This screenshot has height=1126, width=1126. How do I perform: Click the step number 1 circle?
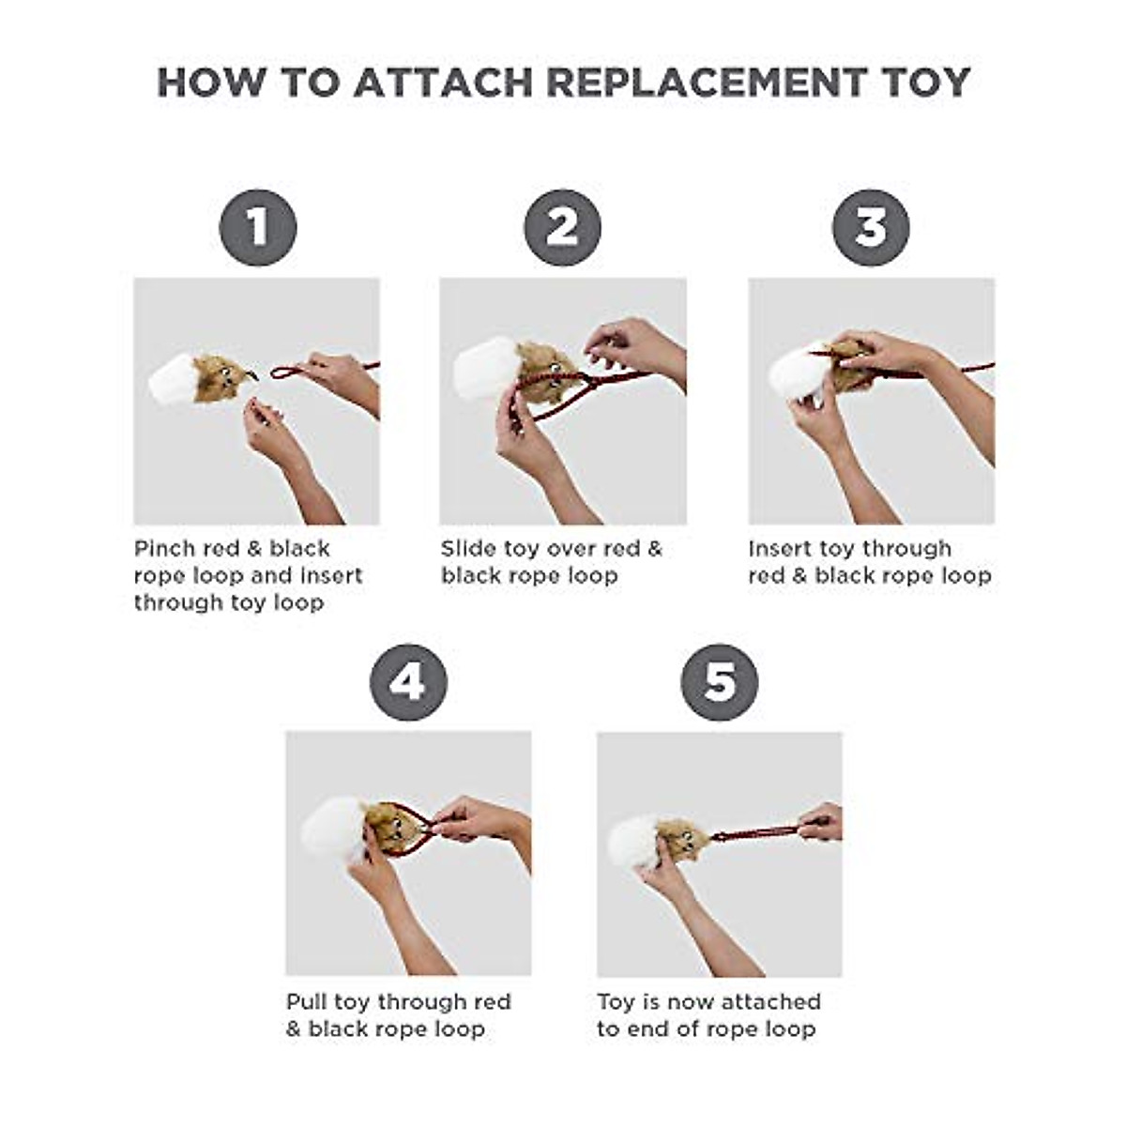pyautogui.click(x=258, y=227)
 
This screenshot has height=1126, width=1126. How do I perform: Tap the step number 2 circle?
pyautogui.click(x=562, y=227)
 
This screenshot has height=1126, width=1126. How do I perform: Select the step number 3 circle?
pyautogui.click(x=871, y=227)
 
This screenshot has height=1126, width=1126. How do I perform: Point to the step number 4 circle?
pyautogui.click(x=408, y=682)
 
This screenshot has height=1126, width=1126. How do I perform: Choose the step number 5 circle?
pyautogui.click(x=720, y=682)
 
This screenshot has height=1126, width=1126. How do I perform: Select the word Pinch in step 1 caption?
pyautogui.click(x=164, y=549)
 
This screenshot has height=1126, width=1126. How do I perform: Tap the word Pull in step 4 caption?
pyautogui.click(x=306, y=1002)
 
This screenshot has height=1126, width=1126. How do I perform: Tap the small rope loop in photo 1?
pyautogui.click(x=284, y=373)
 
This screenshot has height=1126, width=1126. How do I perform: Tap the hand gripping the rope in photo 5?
pyautogui.click(x=822, y=822)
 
